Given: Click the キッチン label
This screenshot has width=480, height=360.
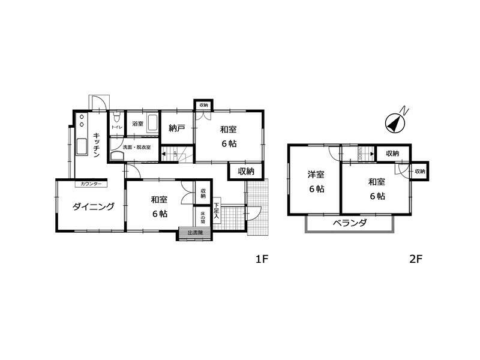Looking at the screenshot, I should click(96, 145).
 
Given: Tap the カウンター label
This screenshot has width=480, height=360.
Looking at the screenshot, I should click(91, 183).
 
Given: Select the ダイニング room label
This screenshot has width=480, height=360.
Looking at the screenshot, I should click(94, 207).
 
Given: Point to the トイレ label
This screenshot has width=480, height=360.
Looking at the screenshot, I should click(116, 127).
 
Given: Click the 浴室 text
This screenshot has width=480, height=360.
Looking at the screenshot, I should click(137, 124).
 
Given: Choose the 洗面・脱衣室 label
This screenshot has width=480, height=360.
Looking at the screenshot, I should click(137, 147).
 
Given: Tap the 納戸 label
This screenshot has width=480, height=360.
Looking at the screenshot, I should click(176, 128).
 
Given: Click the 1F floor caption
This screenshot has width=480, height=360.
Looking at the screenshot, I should click(261, 259).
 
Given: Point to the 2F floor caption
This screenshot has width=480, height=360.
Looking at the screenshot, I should click(416, 259).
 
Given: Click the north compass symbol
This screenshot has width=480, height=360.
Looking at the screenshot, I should click(394, 123).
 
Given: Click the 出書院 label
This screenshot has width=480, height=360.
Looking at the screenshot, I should click(196, 233).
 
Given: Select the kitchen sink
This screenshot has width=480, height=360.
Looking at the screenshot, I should click(82, 146).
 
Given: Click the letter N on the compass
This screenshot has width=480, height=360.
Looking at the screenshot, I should click(406, 110).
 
